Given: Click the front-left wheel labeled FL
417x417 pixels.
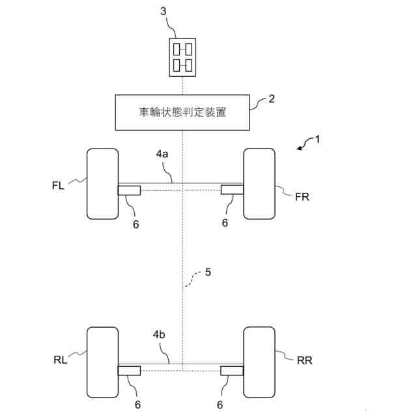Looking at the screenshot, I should (103, 184).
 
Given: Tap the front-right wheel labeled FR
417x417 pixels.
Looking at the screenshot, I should (259, 184).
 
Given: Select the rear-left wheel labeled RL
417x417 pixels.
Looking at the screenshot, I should (103, 362).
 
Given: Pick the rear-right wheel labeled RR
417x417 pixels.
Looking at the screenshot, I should (259, 362).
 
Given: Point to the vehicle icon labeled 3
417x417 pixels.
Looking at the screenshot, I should (182, 57).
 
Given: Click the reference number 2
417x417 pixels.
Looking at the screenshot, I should (272, 99).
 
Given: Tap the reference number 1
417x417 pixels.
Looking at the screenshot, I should (317, 139).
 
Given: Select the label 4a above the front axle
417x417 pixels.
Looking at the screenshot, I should (163, 155).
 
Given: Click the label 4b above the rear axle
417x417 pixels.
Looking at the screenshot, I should (160, 334).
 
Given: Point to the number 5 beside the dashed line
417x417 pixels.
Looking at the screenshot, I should (208, 272).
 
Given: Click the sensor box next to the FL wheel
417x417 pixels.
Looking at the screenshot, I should (129, 190).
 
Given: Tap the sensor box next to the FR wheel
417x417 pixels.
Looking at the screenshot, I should (233, 190).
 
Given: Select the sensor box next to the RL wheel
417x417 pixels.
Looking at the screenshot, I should (129, 371).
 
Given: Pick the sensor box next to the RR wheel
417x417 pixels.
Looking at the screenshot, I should (233, 371).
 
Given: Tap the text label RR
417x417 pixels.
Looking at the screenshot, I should (305, 360).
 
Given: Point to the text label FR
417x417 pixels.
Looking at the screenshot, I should (302, 197).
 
